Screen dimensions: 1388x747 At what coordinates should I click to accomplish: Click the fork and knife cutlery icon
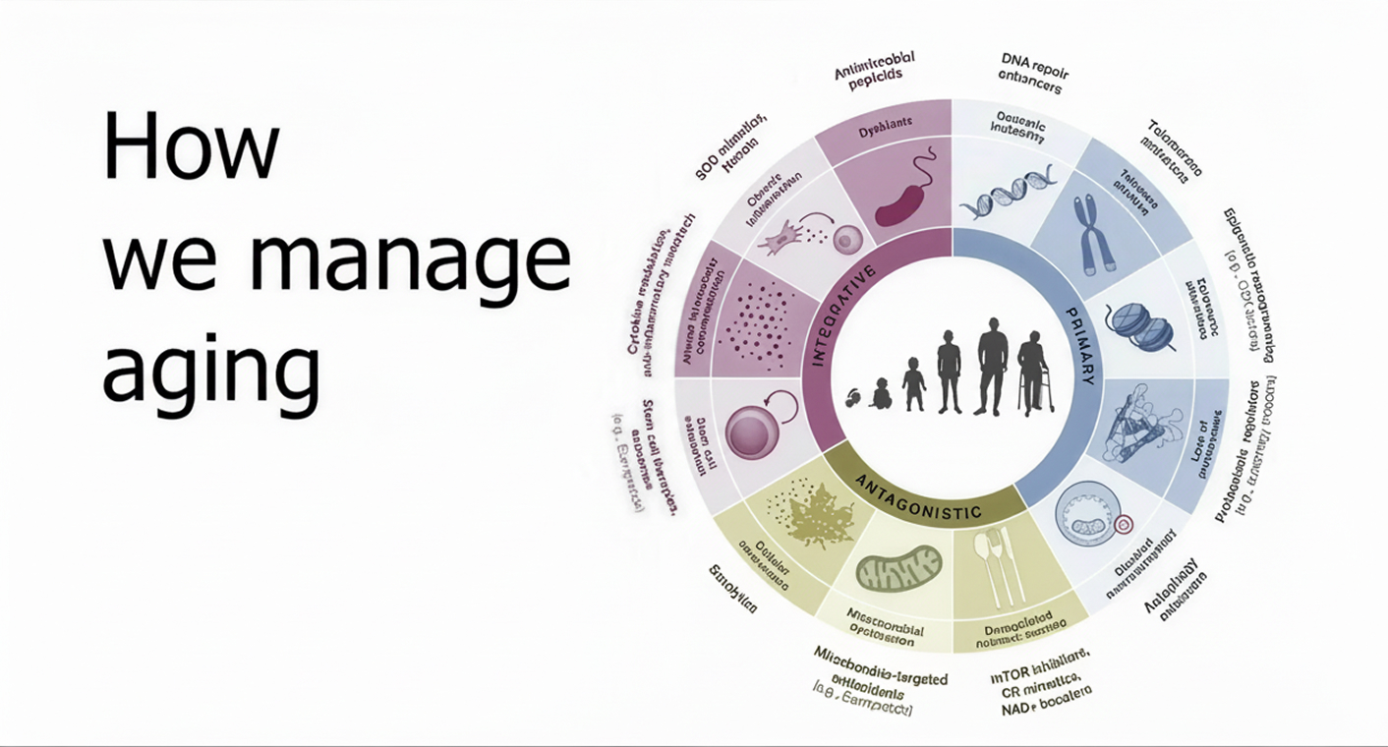coord(1000,570)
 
